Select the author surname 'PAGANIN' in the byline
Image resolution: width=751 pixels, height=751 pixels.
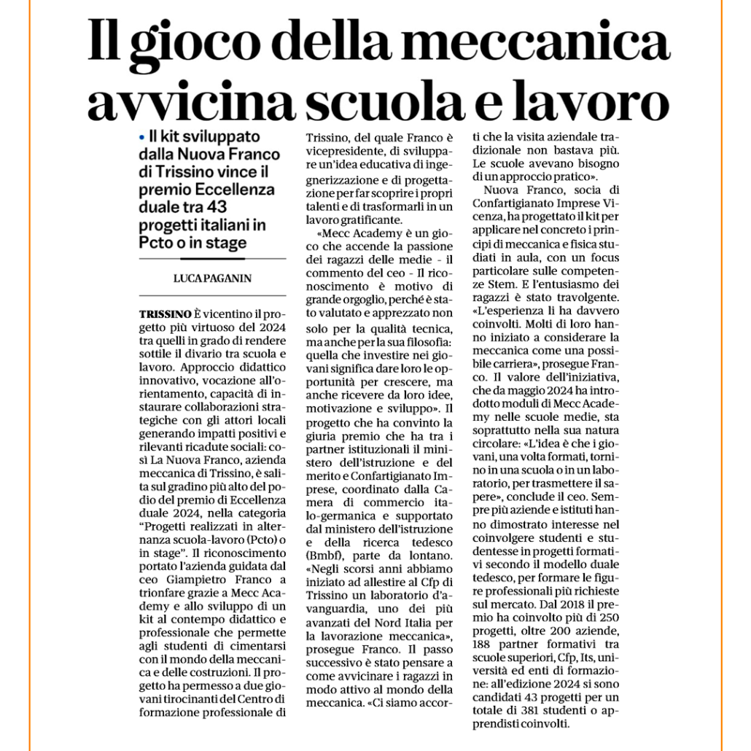point(227,278)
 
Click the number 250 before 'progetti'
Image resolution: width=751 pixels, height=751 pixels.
point(609,618)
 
